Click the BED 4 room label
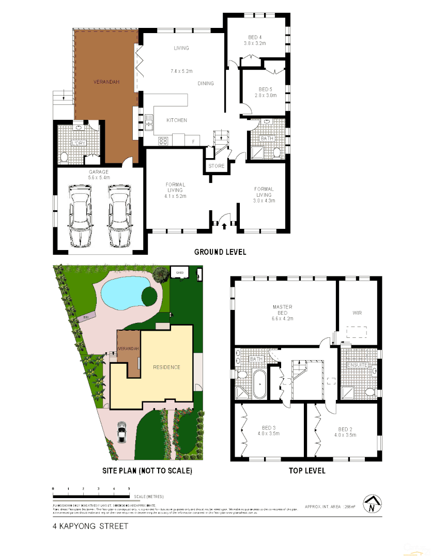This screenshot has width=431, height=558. click(255, 37)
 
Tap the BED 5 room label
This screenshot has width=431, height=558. click(265, 89)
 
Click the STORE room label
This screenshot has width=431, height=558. click(216, 166)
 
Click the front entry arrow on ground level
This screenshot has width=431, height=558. click(224, 225)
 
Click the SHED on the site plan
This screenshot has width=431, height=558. click(180, 272)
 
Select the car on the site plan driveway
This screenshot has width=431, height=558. click(121, 432)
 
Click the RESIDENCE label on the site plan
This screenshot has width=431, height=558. click(166, 367)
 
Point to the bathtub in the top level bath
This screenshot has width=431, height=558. click(259, 384)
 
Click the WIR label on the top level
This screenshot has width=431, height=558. click(357, 313)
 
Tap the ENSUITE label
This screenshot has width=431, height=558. click(358, 365)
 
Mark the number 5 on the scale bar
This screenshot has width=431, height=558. click(129, 488)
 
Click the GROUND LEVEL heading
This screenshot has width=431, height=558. click(220, 252)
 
